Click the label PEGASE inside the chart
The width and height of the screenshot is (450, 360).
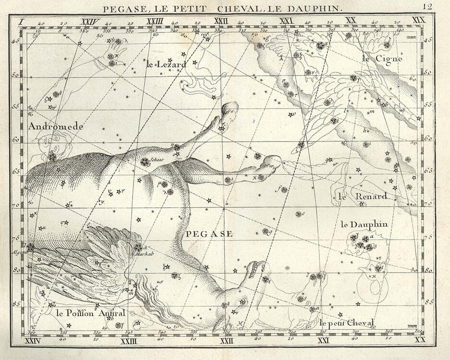[x=209, y=234]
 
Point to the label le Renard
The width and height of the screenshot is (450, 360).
[x=356, y=196]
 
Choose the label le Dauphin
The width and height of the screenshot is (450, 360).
[x=364, y=224]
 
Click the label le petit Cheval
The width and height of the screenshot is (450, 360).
[x=346, y=323]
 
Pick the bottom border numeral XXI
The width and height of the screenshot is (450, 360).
[x=324, y=341]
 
